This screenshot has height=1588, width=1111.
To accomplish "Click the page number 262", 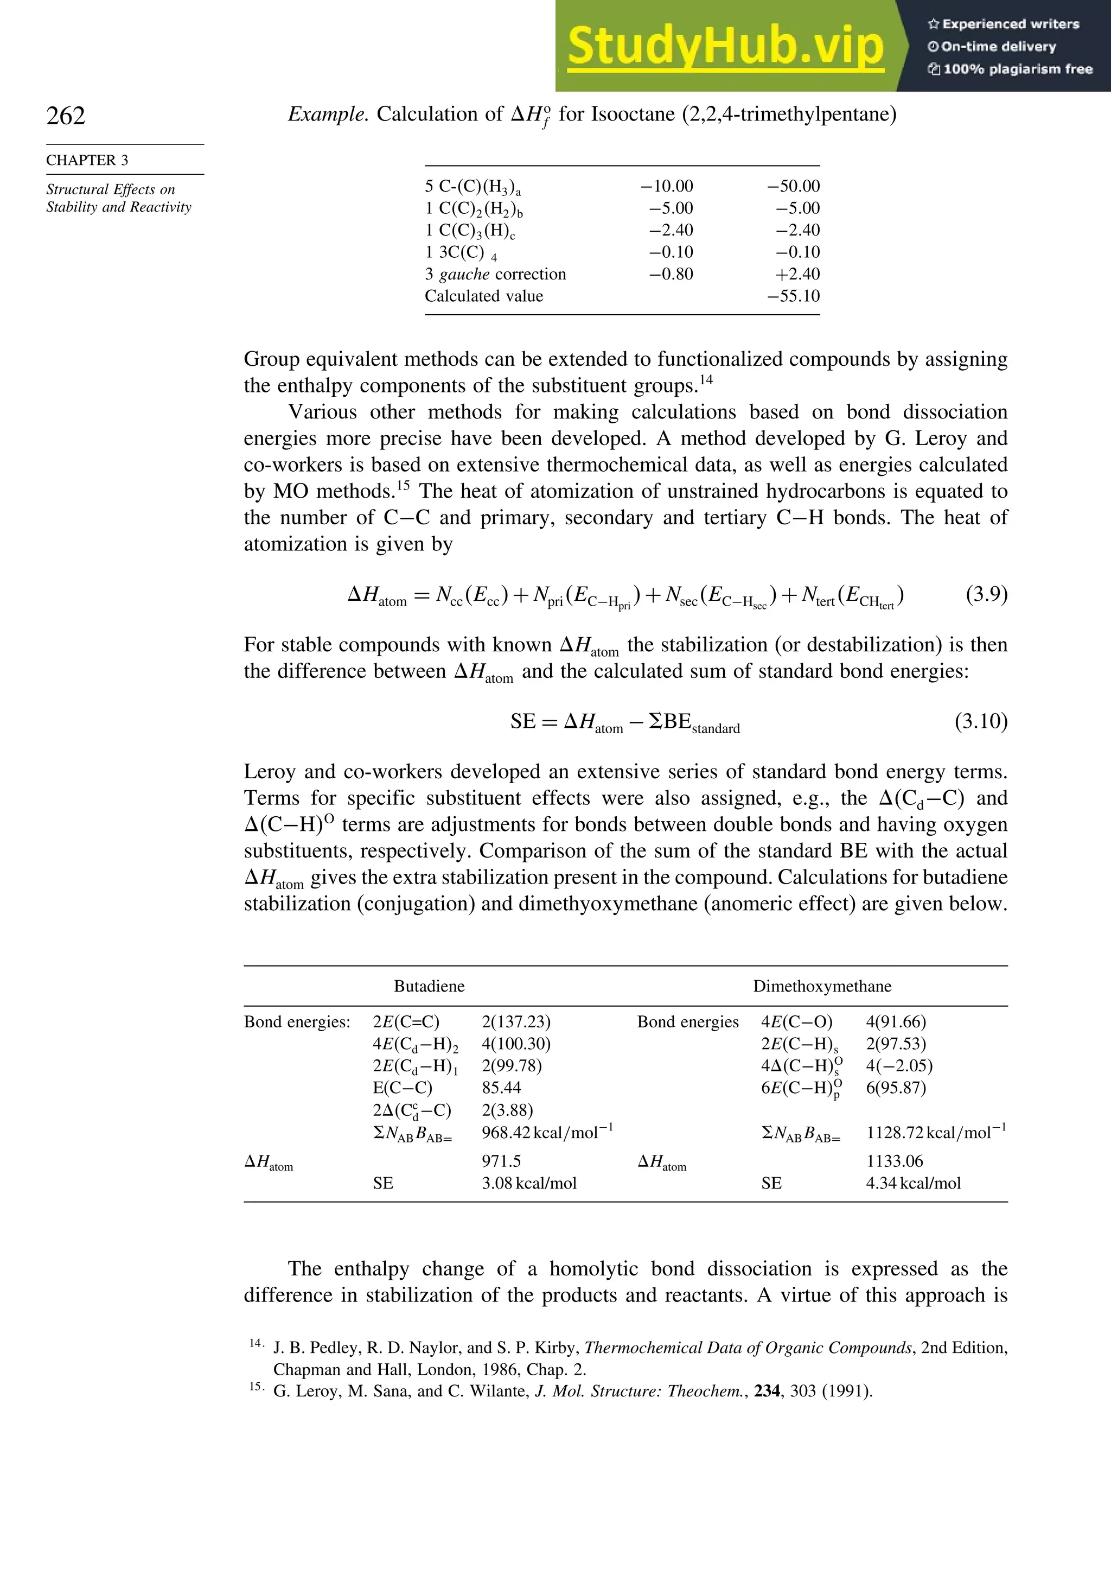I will pos(66,116).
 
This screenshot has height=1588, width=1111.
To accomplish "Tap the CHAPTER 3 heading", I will pos(87,161).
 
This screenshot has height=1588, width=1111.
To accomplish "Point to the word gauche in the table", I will pos(464,275).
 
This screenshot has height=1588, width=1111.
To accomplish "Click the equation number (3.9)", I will pos(986,594).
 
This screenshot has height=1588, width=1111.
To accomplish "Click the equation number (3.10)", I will pos(980,721).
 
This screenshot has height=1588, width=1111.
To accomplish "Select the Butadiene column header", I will pos(429,986).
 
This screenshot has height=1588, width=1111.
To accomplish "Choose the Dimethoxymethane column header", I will pos(821,986).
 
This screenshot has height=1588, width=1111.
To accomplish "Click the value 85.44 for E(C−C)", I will pos(501,1088).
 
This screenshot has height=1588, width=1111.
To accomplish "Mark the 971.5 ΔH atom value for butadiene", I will pos(501,1161).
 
